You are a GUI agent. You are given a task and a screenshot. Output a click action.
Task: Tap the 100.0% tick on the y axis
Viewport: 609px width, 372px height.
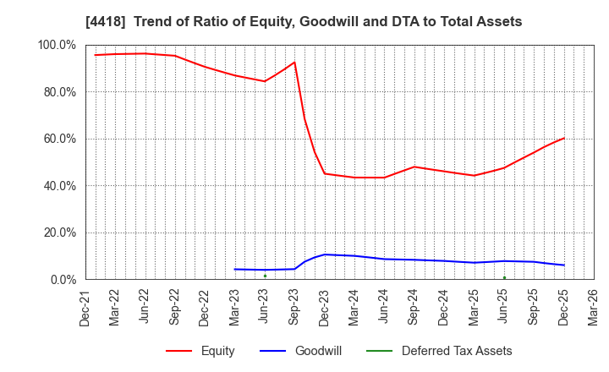(58, 45)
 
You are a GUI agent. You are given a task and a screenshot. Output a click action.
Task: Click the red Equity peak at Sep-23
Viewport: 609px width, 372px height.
(294, 62)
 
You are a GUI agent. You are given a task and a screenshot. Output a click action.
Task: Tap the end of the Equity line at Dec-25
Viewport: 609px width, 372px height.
(564, 138)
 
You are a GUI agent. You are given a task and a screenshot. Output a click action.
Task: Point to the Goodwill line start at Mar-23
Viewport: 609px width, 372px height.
(234, 269)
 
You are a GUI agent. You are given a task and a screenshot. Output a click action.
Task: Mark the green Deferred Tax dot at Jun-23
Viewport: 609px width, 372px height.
(265, 276)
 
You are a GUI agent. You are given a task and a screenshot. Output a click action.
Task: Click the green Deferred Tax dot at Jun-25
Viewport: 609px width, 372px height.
(504, 277)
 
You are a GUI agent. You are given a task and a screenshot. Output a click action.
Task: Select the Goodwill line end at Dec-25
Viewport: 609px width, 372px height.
(564, 265)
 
